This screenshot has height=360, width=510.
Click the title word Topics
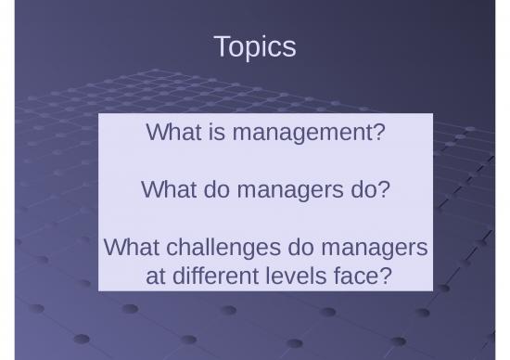254,46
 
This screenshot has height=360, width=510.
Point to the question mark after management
377,134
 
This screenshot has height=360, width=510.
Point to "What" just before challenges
129,248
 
